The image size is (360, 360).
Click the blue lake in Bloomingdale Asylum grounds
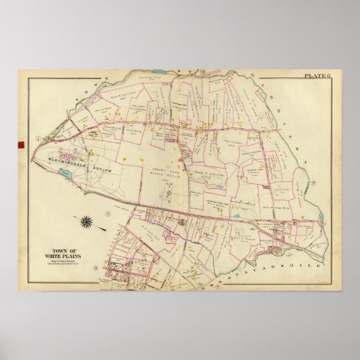pyautogui.click(x=65, y=175)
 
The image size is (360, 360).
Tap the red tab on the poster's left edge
pyautogui.click(x=15, y=145)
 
